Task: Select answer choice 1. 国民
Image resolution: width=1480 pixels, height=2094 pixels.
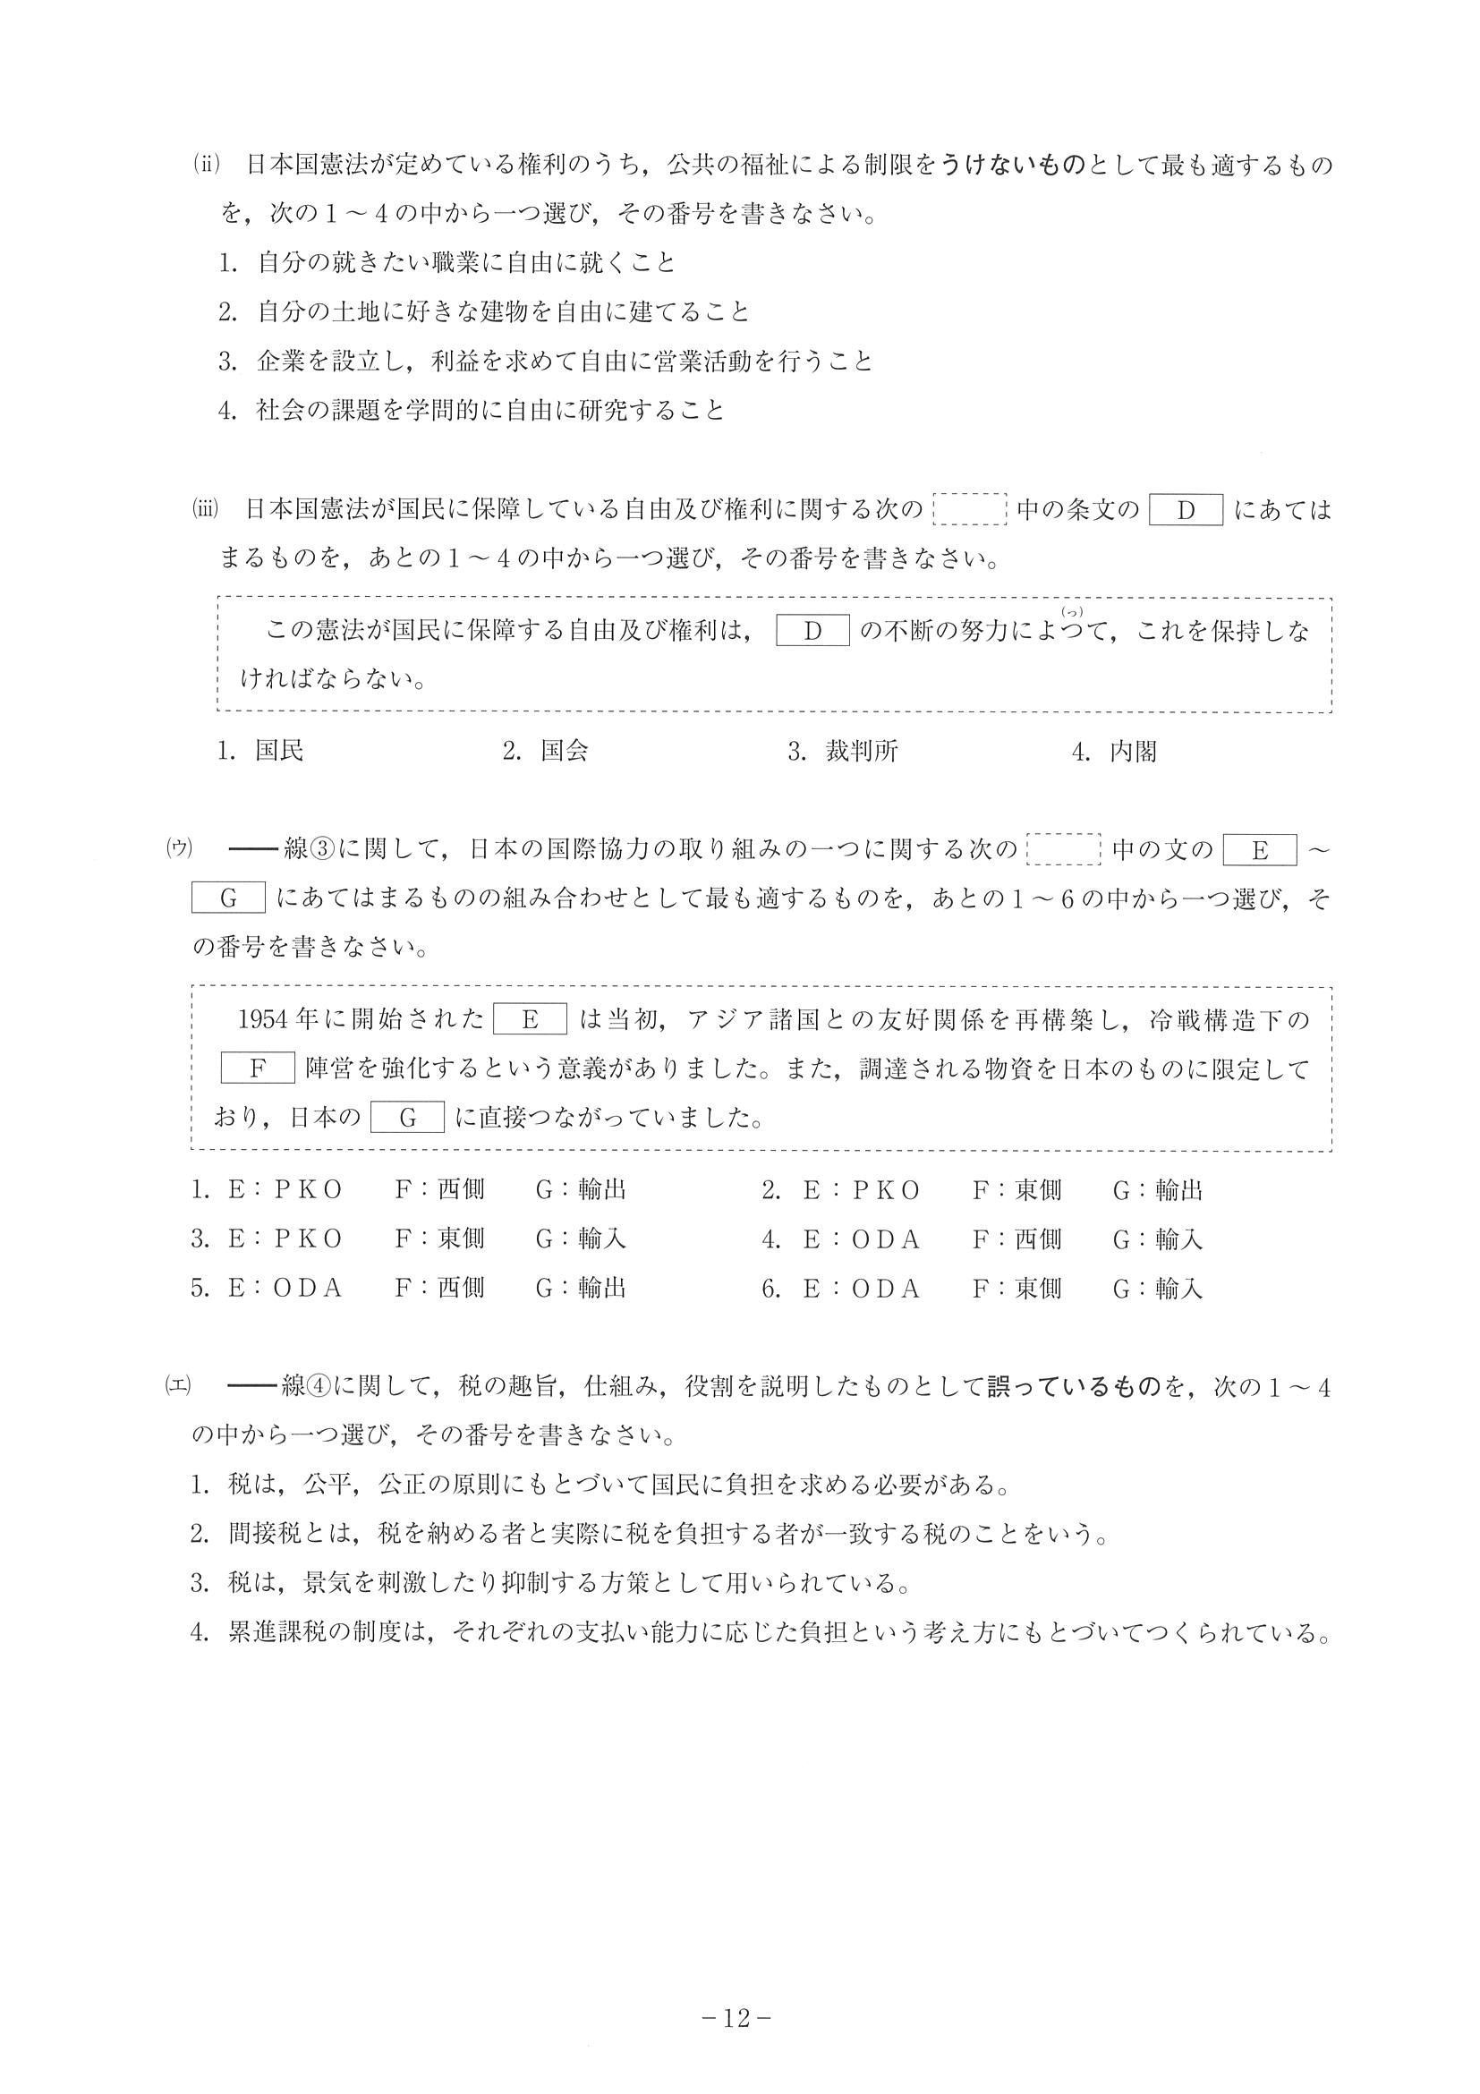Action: click(259, 751)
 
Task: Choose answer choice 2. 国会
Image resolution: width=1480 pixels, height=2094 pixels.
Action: click(544, 751)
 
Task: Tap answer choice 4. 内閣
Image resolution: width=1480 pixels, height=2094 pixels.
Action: click(1114, 751)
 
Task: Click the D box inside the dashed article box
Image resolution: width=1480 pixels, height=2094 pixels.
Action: click(812, 631)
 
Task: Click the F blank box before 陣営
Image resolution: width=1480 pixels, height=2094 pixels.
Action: click(257, 1068)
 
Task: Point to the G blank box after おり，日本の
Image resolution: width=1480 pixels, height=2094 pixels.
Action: click(408, 1117)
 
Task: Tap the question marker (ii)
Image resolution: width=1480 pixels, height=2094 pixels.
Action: click(207, 164)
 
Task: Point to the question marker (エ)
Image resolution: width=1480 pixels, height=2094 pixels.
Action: click(176, 1386)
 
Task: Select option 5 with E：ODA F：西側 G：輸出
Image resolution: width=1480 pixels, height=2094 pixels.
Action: click(408, 1288)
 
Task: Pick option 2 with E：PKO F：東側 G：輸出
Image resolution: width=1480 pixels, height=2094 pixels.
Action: click(982, 1190)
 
